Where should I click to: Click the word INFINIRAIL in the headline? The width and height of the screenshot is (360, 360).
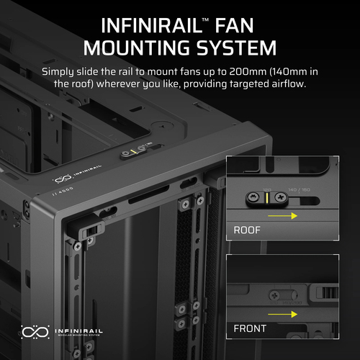155,25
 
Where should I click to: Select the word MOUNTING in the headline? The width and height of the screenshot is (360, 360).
136,48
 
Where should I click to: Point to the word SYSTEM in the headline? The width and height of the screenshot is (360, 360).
234,48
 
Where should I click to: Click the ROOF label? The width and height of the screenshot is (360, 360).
248,231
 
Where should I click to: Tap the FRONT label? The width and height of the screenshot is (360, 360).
250,328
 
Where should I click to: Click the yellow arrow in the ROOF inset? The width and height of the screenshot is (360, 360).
285,216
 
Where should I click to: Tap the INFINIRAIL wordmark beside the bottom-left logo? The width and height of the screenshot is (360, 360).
78,330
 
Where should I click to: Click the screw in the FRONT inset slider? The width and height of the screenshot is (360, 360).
275,294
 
